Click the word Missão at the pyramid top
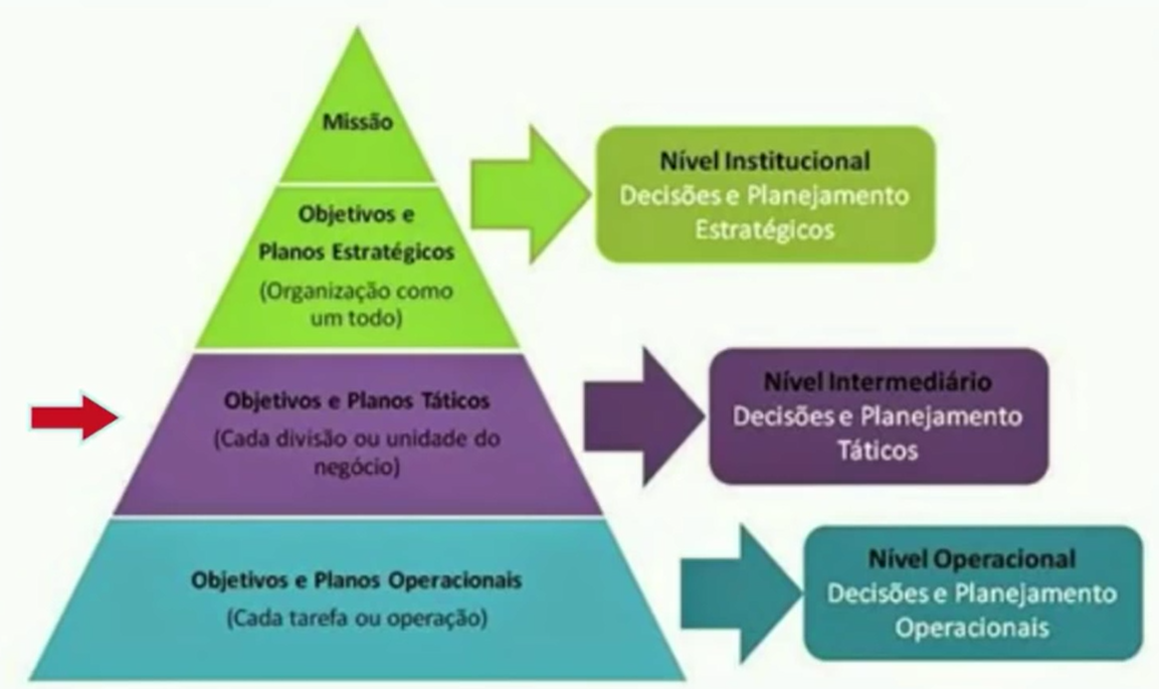coord(358,122)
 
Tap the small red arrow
coord(75,418)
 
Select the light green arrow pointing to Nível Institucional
coord(530,194)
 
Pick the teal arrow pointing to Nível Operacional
coord(741,594)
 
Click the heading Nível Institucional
coord(765,161)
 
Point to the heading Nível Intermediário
coord(877,382)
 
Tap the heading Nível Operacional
coord(972,559)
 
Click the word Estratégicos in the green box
coord(765,230)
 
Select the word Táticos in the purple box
coord(877,450)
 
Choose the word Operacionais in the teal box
coord(972,628)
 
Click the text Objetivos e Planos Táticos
coord(357,401)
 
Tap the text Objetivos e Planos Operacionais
coord(356,581)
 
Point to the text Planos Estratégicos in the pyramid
coord(356,253)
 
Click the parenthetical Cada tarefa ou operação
coord(357,617)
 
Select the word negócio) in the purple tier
coord(357,467)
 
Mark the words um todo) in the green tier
coord(356,319)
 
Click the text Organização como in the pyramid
coord(356,291)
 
